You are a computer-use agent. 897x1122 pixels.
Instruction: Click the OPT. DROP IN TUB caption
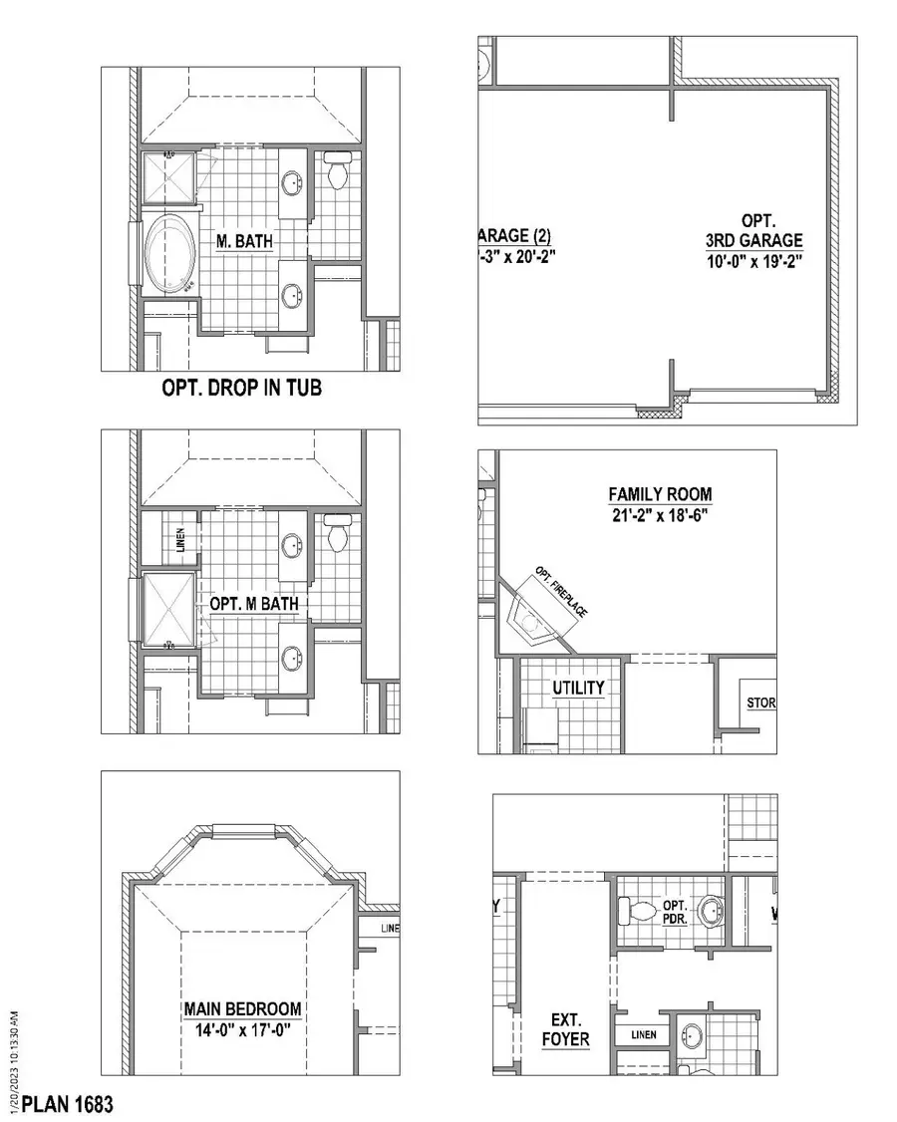tap(242, 388)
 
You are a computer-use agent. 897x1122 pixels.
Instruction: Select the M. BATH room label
tap(245, 240)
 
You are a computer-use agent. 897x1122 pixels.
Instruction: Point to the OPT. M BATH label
tap(253, 604)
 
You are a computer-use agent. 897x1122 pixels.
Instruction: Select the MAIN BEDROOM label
tap(242, 1008)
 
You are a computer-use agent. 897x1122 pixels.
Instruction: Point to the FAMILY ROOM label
tap(661, 494)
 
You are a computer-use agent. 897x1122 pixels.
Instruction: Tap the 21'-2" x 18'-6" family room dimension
tap(661, 515)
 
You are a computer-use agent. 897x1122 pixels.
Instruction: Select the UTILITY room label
tap(578, 688)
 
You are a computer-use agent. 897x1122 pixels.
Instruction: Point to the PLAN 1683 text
tap(68, 1104)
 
